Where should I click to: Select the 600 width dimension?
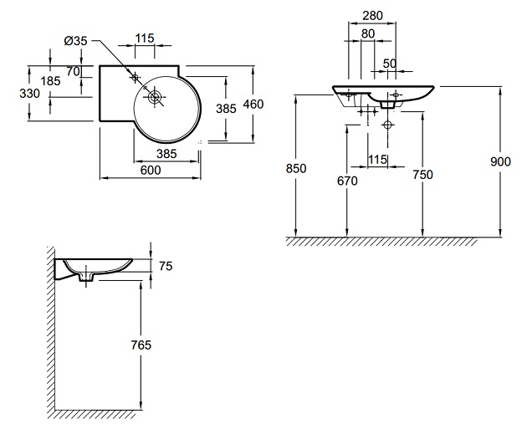[x=151, y=171]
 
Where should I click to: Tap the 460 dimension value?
[x=253, y=105]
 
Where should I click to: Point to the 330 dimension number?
[x=30, y=94]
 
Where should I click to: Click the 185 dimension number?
[x=50, y=81]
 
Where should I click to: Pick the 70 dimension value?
[x=73, y=72]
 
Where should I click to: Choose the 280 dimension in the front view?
[x=374, y=17]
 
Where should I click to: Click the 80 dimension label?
[x=368, y=34]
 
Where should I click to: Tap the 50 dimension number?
[x=389, y=64]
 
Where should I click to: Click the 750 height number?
[x=422, y=175]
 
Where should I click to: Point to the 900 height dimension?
[x=500, y=162]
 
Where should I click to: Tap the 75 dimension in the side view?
[x=165, y=266]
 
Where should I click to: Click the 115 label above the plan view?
[x=146, y=39]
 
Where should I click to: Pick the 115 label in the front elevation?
[x=376, y=159]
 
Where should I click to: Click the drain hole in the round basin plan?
[x=154, y=98]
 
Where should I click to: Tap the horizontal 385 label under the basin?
[x=166, y=153]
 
